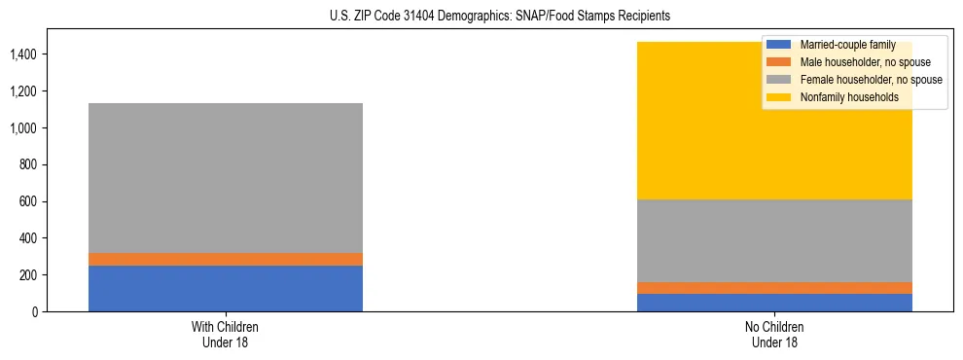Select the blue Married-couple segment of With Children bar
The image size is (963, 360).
(x=226, y=288)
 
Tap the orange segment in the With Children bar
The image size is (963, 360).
(x=226, y=259)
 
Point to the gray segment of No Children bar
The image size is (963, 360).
(x=775, y=240)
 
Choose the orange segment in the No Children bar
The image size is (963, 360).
(x=775, y=288)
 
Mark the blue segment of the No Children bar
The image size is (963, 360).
(x=775, y=303)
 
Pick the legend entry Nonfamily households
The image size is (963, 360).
(x=842, y=97)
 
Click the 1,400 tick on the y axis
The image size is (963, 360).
(x=24, y=54)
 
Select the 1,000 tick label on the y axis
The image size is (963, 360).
(x=24, y=128)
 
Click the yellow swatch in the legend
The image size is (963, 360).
(x=779, y=97)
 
